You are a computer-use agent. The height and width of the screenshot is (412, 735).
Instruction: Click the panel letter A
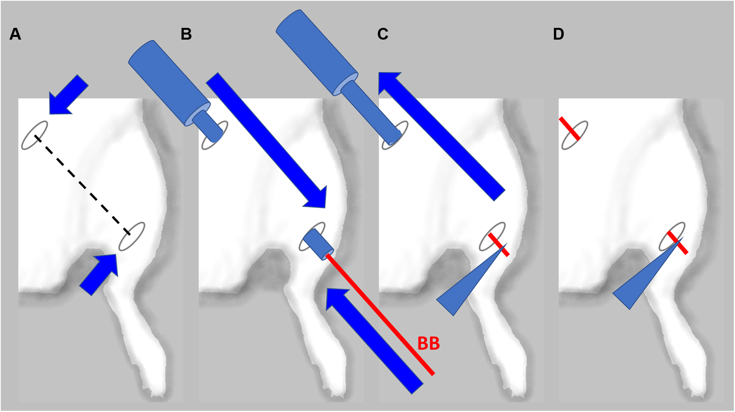(15, 35)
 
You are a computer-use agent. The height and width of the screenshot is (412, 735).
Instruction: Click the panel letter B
(186, 35)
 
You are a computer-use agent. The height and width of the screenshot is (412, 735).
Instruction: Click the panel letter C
(383, 35)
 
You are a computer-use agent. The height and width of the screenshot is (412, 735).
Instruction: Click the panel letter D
(558, 35)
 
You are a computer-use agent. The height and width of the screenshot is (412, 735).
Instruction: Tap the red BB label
(428, 344)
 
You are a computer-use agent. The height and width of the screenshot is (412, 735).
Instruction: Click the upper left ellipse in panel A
(34, 135)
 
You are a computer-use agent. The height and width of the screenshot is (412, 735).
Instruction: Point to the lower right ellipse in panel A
(132, 236)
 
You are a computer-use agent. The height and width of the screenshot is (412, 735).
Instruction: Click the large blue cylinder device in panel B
(169, 82)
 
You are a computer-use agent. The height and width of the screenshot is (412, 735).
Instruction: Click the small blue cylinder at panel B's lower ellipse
(318, 244)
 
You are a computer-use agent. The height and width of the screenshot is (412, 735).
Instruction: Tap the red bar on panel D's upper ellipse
(570, 128)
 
